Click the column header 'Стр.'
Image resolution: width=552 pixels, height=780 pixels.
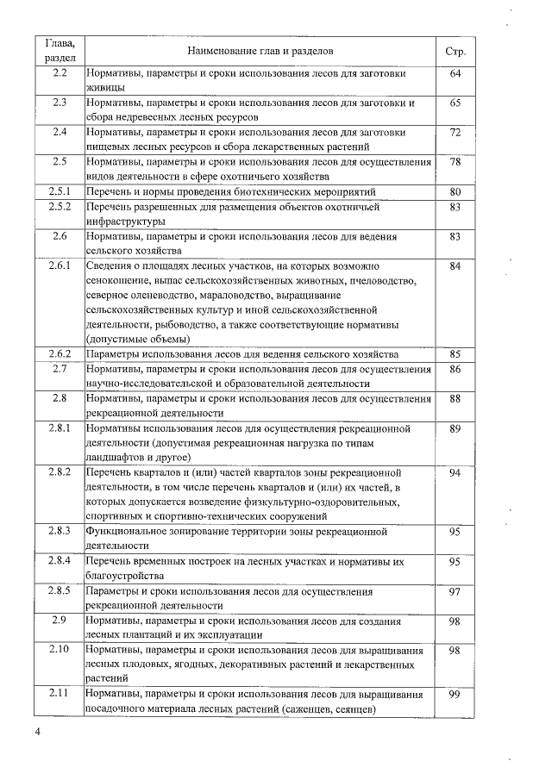pos(455,52)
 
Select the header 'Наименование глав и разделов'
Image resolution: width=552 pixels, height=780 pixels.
pos(260,52)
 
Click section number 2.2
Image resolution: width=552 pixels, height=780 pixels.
pos(60,74)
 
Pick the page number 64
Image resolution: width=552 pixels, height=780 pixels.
pos(455,74)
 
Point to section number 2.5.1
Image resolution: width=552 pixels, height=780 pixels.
pos(60,190)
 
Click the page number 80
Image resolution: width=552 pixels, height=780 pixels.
pos(455,190)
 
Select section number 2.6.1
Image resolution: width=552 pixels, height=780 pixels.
pos(60,266)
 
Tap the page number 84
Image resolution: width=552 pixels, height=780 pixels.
pos(455,266)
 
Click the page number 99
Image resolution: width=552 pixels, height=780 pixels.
pos(455,695)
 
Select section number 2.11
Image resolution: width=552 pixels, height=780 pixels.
pos(60,695)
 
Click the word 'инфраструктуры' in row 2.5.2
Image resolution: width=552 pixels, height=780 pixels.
pos(128,221)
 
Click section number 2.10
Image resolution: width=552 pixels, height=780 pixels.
pos(60,649)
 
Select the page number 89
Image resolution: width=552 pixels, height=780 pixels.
pos(455,427)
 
